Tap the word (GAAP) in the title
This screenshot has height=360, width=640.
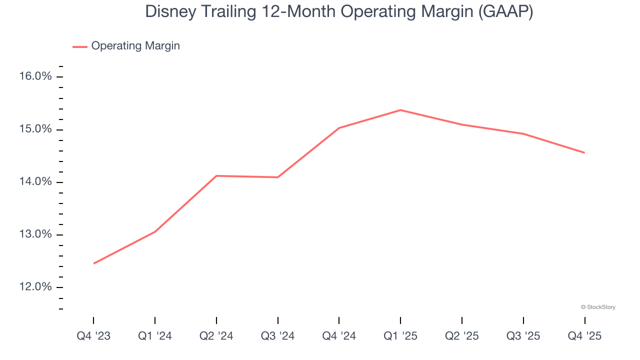[x=505, y=12]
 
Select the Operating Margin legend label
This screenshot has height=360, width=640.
[x=135, y=46]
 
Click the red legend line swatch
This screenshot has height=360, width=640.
[x=80, y=46]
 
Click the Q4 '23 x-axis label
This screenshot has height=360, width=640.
[x=93, y=336]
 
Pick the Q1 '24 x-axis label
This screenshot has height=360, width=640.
[x=155, y=336]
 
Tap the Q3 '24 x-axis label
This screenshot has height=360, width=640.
[x=277, y=336]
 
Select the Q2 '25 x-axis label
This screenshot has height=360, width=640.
[x=462, y=336]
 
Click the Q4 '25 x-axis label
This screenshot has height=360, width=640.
[x=584, y=336]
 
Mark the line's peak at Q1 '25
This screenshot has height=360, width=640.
[x=400, y=110]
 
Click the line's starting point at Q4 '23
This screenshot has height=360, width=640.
[x=93, y=263]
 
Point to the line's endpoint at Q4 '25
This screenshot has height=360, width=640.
[x=584, y=152]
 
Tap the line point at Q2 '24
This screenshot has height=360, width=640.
[x=216, y=176]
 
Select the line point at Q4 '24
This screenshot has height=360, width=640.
[x=339, y=128]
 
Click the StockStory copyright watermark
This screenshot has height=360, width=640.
[x=598, y=307]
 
